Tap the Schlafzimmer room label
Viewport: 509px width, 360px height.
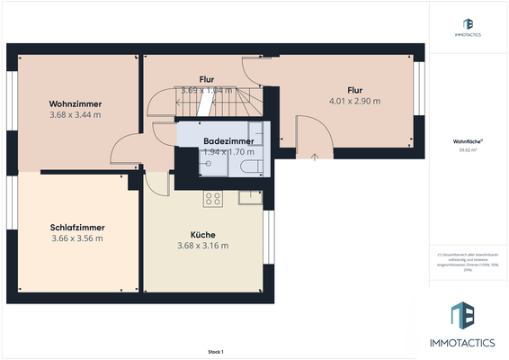pos(76,227)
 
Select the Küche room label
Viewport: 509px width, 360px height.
pos(202,234)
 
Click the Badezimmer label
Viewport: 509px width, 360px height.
pos(228,141)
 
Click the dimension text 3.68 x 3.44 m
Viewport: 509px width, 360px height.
pos(75,115)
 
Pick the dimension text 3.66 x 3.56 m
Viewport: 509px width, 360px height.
pos(76,238)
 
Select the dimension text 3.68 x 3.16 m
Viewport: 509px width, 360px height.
pos(202,246)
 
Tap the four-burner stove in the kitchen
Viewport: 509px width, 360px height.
pos(213,199)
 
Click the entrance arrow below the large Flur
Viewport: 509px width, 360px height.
pos(314,157)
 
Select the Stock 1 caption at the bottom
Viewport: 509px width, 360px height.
pos(215,352)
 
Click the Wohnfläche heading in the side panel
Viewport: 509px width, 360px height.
pos(469,141)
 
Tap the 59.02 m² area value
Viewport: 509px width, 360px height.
pos(469,150)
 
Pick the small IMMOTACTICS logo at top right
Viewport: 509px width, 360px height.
pos(469,28)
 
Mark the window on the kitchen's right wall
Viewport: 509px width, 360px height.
pos(267,238)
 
